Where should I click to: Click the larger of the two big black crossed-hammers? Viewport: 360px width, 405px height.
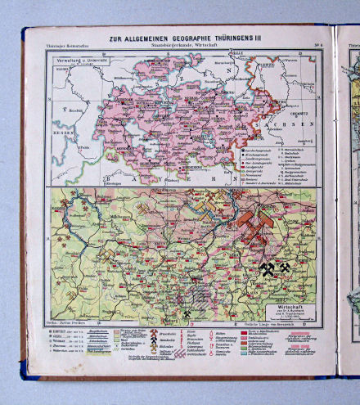coord(267,268)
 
